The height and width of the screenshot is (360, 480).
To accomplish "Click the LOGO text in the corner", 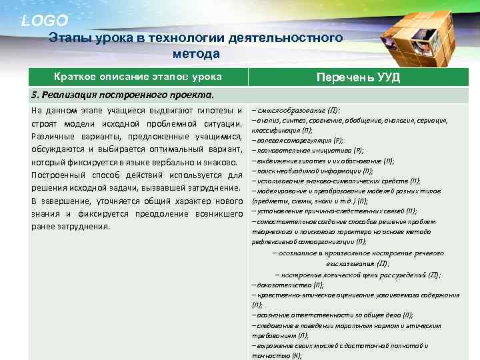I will (45, 21).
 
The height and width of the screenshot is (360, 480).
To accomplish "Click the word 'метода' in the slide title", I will (195, 53).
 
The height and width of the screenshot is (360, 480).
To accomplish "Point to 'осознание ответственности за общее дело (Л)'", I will (333, 314).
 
